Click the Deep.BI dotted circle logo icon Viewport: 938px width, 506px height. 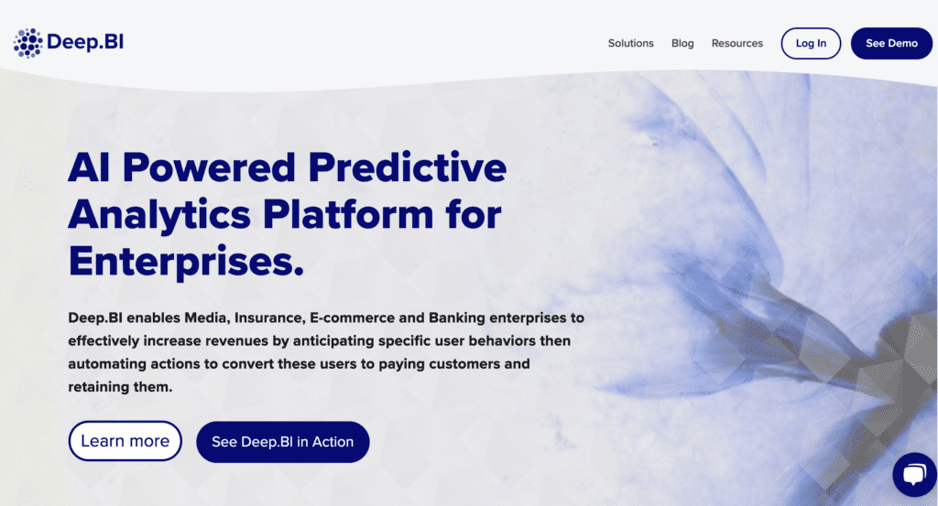(x=28, y=43)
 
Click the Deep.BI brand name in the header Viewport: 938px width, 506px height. (x=85, y=42)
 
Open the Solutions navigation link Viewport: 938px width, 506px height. (x=630, y=43)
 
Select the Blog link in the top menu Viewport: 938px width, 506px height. (x=682, y=43)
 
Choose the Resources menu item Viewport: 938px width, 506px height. (x=737, y=43)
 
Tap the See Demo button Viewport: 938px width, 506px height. (x=891, y=43)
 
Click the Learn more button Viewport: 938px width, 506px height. (x=125, y=441)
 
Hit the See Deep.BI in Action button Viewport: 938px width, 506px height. (x=283, y=441)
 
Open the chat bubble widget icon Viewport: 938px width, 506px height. (x=915, y=474)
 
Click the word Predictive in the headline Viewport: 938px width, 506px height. (x=408, y=167)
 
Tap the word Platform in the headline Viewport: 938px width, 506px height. (x=348, y=214)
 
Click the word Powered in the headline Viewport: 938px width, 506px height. (x=209, y=167)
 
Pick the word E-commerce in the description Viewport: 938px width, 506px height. (x=353, y=318)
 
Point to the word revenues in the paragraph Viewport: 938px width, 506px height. (x=237, y=341)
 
